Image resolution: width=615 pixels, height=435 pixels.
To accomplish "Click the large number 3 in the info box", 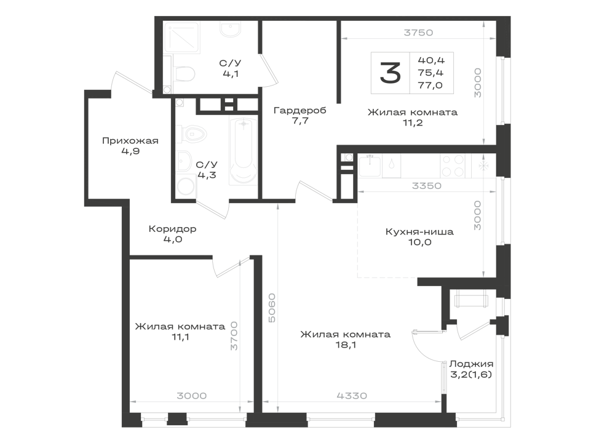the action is pos(391,73).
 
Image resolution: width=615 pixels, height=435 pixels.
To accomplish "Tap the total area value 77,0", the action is pos(430,85).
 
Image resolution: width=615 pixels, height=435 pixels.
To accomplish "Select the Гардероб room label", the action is pos(300,110).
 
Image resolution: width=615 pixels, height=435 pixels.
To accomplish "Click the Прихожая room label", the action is pos(130,140).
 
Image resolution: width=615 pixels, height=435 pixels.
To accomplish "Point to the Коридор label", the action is pos(173,228).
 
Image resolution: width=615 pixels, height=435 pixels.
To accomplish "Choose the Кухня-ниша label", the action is pos(419,231).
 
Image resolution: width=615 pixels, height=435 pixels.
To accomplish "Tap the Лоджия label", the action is pos(471,364).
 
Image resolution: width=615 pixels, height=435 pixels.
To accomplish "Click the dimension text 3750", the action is pos(418,33).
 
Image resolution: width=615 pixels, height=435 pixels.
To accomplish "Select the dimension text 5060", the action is pos(271,308).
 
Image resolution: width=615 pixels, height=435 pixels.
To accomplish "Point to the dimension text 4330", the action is pos(352,396).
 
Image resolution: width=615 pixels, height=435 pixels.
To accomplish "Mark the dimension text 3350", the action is pos(427,186).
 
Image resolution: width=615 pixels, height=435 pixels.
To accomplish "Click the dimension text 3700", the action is pos(234,336).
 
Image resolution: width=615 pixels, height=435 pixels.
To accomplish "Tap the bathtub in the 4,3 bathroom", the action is pos(244,151).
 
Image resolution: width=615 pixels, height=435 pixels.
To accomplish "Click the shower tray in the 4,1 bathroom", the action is pos(181,38).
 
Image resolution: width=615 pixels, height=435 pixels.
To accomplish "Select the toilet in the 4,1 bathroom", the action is pos(184,74).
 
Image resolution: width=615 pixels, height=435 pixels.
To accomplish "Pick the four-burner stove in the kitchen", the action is pos(453,166).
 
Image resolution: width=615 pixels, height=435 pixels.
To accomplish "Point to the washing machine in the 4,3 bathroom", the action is pos(186,187).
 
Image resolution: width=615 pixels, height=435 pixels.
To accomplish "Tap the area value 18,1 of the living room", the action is pos(346,345).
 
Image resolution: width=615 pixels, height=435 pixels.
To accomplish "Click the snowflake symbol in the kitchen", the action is pos(484,166).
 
